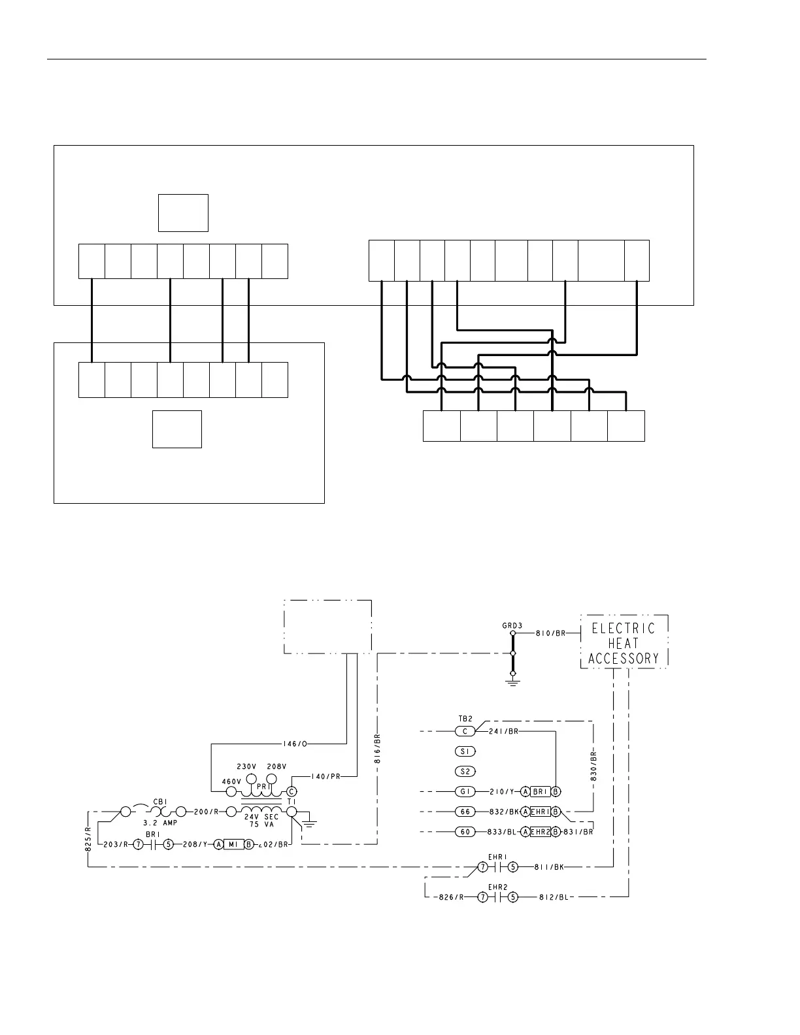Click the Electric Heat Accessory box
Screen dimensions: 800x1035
coord(624,642)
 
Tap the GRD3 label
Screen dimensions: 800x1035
coord(512,625)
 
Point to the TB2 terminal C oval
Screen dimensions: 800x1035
coord(465,731)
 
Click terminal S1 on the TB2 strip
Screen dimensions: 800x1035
coord(465,751)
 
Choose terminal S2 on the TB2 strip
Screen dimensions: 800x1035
coord(465,771)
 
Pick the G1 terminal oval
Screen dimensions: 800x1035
coord(465,792)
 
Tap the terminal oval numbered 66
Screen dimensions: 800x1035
coord(465,812)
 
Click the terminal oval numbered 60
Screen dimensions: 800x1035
coord(465,832)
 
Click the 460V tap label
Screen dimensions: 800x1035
coord(231,781)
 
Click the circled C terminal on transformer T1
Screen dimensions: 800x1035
coord(292,791)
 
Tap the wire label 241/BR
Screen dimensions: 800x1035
coord(503,731)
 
